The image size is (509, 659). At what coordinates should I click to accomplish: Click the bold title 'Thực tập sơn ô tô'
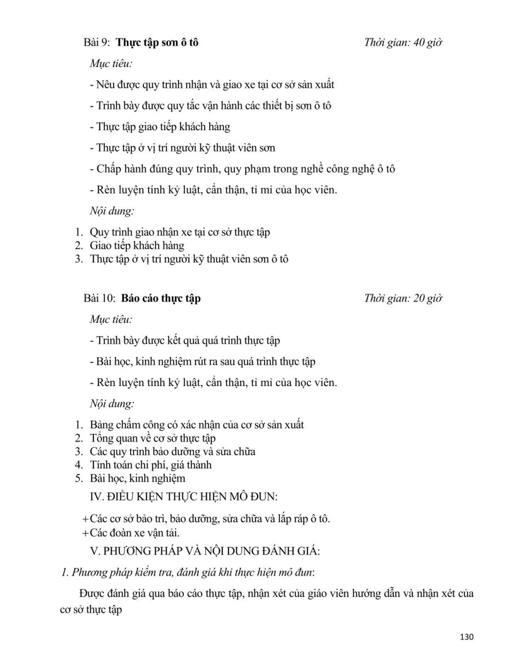(158, 43)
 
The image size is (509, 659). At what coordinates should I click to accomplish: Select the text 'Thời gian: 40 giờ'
(403, 43)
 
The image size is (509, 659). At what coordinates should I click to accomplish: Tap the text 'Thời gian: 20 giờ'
(403, 298)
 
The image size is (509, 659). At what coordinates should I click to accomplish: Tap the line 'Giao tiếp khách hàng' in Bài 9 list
(137, 245)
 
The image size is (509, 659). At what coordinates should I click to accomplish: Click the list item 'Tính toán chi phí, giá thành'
(151, 465)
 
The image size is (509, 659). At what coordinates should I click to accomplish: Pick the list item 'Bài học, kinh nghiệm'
(138, 478)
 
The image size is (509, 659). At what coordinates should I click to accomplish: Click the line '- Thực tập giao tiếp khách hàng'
(160, 127)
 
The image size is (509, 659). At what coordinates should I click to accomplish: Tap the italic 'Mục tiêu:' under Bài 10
(110, 319)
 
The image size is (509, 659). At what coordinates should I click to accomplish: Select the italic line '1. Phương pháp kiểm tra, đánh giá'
(187, 573)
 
